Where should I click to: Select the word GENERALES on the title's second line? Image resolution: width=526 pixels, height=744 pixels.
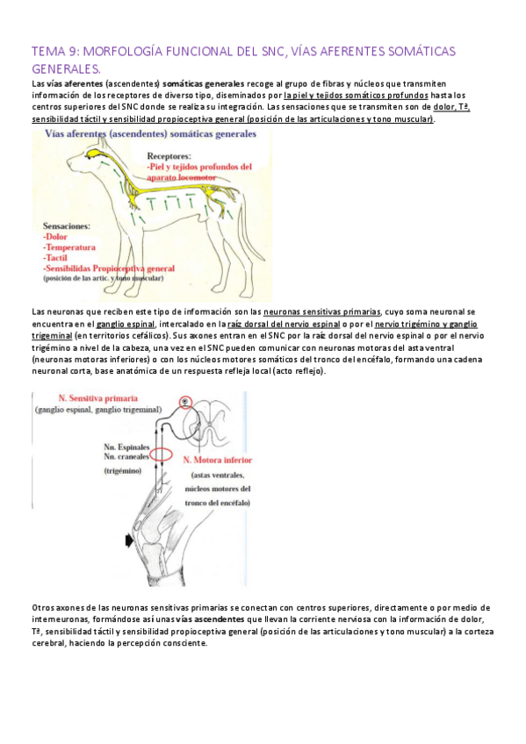66,68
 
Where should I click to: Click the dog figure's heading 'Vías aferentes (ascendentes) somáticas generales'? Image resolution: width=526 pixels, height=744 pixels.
150,134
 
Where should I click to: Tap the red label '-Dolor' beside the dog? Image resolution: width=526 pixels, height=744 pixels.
55,236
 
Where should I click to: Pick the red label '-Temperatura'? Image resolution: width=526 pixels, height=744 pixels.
68,247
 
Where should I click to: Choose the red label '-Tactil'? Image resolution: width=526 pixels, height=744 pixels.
55,258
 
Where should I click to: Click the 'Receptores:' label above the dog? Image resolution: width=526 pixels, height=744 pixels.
169,155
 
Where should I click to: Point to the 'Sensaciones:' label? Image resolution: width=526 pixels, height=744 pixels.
67,225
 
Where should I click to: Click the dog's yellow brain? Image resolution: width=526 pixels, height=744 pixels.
95,154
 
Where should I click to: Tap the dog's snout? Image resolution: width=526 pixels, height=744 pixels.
71,165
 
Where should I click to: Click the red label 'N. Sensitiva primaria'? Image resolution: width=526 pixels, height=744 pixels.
97,398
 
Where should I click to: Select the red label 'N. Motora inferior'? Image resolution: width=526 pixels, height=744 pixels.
218,460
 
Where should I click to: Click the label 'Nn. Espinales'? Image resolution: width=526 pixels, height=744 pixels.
126,447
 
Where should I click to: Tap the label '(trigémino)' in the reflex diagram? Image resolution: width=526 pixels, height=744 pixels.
122,471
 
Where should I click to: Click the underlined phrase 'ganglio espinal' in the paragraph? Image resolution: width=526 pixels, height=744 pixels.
126,324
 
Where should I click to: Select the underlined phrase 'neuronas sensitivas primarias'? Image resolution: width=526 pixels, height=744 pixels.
322,312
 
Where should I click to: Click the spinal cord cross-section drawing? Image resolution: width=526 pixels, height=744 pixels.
205,421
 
